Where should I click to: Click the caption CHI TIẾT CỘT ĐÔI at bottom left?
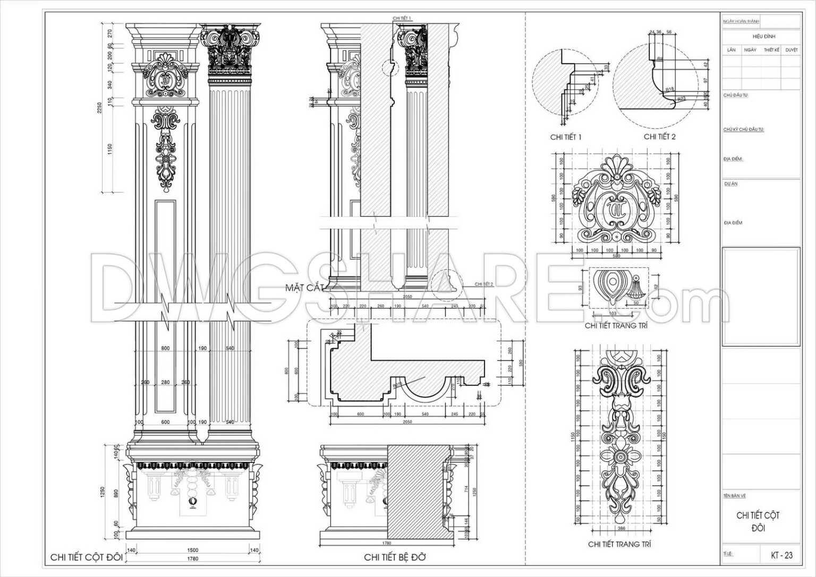point(87,557)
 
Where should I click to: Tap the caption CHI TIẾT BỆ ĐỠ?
point(395,557)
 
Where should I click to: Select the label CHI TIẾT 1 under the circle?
point(566,137)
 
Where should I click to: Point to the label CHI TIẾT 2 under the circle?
point(660,137)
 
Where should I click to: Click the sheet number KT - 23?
point(781,555)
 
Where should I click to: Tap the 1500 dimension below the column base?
point(192,550)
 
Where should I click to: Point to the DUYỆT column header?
point(791,49)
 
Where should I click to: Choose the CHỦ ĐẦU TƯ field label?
point(735,95)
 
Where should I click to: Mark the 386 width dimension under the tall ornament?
point(620,529)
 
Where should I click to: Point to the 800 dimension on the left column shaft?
point(165,349)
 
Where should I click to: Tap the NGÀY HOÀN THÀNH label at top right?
point(741,22)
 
